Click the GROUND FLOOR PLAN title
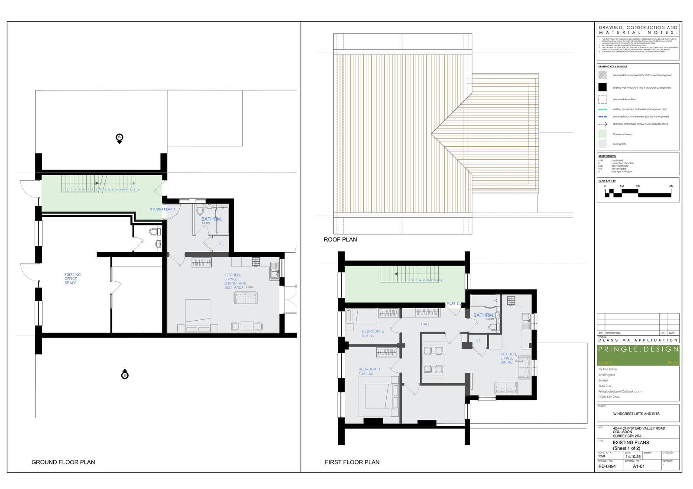pos(63,462)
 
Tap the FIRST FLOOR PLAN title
pos(352,462)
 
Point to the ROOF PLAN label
pos(340,239)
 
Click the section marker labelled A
pos(120,138)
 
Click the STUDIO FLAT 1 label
pos(162,209)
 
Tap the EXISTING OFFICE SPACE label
pos(72,279)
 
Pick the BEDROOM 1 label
pos(369,371)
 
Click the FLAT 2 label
pos(453,303)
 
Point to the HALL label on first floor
pos(425,324)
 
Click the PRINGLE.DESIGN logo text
pos(638,349)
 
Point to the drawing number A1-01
pos(639,467)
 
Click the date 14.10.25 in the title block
pos(631,456)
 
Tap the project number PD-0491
pos(607,467)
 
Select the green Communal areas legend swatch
pos(602,134)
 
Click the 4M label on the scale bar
pos(671,186)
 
